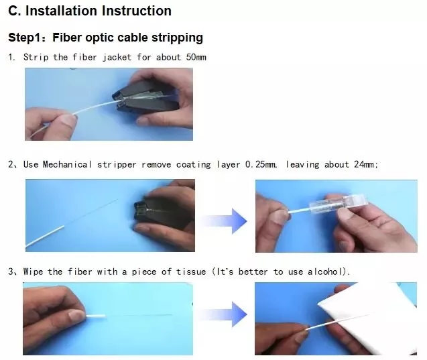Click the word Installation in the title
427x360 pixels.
pyautogui.click(x=61, y=11)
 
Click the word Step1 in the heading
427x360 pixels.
pyautogui.click(x=25, y=38)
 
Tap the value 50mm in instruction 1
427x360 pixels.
pyautogui.click(x=196, y=57)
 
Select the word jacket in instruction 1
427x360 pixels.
pyautogui.click(x=117, y=58)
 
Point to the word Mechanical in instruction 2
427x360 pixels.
pyautogui.click(x=67, y=164)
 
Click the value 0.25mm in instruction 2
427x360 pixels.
pyautogui.click(x=261, y=164)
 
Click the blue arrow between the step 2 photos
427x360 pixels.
pyautogui.click(x=225, y=221)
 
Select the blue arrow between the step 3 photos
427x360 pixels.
pyautogui.click(x=224, y=314)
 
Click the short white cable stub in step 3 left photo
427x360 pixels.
pyautogui.click(x=96, y=316)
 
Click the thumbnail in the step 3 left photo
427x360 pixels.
pyautogui.click(x=76, y=315)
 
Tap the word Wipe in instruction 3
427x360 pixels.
pyautogui.click(x=34, y=272)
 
